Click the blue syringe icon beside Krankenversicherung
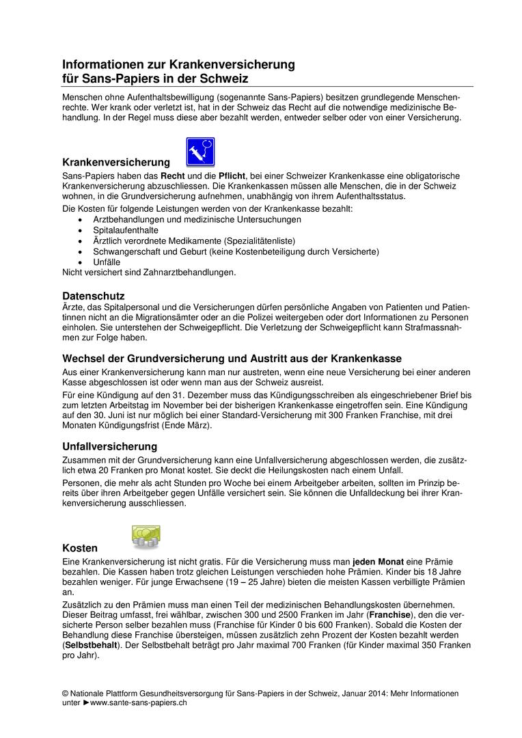[x=200, y=152]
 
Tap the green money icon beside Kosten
[x=146, y=536]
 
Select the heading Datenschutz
[x=94, y=296]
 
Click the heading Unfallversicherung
[x=110, y=446]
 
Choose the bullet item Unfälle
[x=107, y=262]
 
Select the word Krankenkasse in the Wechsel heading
[x=366, y=358]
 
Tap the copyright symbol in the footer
[x=66, y=693]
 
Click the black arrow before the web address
[x=86, y=702]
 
